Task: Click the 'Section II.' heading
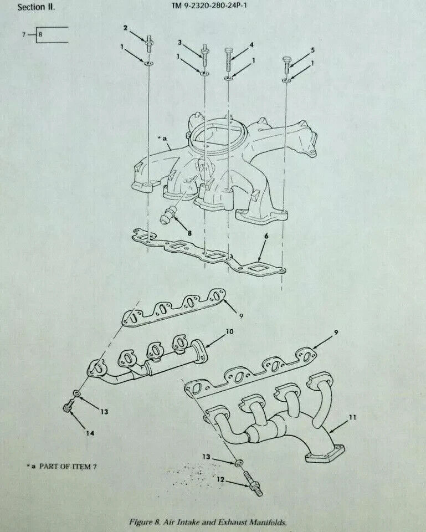(x=36, y=7)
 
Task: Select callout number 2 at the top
(x=125, y=28)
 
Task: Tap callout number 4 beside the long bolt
(x=252, y=44)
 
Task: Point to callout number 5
(x=312, y=50)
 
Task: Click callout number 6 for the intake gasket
(x=266, y=236)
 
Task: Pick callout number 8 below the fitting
(x=189, y=233)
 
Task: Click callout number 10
(x=230, y=331)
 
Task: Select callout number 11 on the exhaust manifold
(x=353, y=417)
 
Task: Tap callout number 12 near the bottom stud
(x=221, y=479)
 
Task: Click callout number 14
(x=90, y=433)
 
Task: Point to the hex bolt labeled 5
(x=286, y=64)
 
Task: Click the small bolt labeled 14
(x=68, y=407)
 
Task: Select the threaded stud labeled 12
(x=254, y=484)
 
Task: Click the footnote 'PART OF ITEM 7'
(x=68, y=466)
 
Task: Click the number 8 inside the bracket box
(x=40, y=34)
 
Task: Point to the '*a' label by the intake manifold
(x=162, y=138)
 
